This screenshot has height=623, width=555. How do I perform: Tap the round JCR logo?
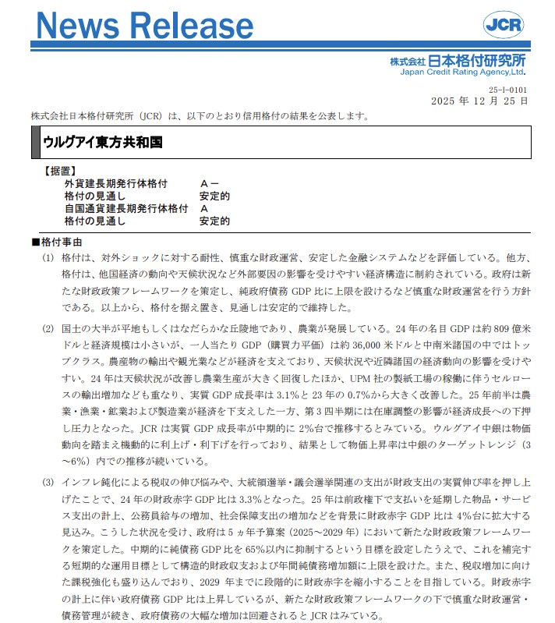pos(504,25)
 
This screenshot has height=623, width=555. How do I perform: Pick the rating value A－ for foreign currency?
pos(209,184)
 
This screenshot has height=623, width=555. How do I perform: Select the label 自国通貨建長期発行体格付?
pos(125,209)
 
